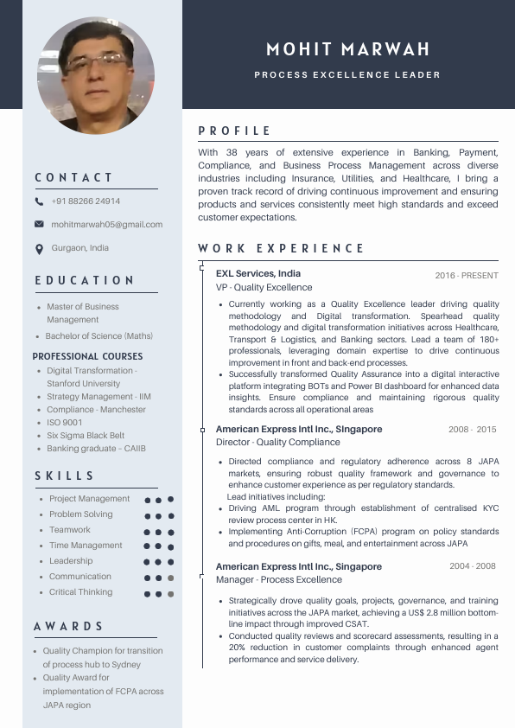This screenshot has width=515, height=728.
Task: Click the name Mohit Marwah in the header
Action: (348, 49)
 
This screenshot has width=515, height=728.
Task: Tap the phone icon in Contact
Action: (39, 201)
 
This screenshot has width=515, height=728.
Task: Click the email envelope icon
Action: (39, 224)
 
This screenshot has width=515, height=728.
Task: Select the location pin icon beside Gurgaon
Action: (39, 249)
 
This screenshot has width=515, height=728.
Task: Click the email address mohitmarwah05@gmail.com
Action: (106, 224)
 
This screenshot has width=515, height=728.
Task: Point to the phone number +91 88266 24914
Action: (86, 201)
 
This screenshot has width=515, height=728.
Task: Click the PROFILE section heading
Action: (235, 131)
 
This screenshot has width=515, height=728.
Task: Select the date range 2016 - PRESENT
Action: (467, 276)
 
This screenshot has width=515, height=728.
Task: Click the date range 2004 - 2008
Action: (473, 566)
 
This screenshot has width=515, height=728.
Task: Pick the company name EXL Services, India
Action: (258, 273)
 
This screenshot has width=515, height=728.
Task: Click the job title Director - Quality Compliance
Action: (278, 442)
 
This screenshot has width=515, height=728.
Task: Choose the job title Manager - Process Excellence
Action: (279, 579)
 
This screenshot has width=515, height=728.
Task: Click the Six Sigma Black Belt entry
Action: (86, 436)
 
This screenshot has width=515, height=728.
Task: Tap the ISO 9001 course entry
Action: (65, 422)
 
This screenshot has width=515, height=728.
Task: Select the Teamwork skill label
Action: (70, 530)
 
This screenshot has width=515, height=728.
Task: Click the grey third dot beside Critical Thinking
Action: (171, 594)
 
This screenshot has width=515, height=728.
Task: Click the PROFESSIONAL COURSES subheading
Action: (87, 356)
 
